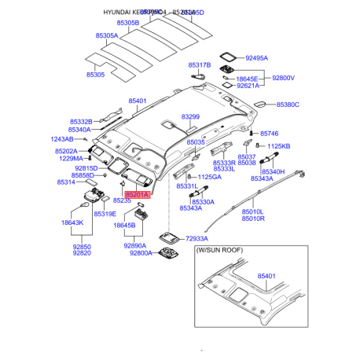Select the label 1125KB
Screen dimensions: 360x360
coord(278,146)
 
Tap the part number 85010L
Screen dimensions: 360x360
coord(252,211)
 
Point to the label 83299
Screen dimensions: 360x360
coord(191,116)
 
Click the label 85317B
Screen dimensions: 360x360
coord(199,64)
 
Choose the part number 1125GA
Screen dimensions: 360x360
coord(209,177)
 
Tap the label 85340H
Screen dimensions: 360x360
coord(273,171)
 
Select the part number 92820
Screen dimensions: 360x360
coord(82,253)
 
